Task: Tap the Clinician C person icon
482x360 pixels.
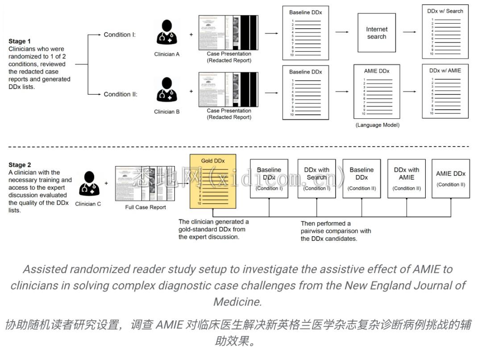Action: pyautogui.click(x=89, y=184)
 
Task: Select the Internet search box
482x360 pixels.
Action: pyautogui.click(x=377, y=33)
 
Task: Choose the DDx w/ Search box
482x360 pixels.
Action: pyautogui.click(x=445, y=32)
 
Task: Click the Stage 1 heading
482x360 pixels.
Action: pyautogui.click(x=20, y=41)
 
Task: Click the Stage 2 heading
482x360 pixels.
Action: pyautogui.click(x=20, y=165)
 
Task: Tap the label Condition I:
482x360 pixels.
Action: pyautogui.click(x=120, y=34)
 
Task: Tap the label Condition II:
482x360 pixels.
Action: pyautogui.click(x=120, y=94)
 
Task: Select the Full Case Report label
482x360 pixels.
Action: pyautogui.click(x=145, y=207)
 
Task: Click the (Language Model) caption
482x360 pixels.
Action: pyautogui.click(x=377, y=125)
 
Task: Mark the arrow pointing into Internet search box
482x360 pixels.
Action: pyautogui.click(x=342, y=32)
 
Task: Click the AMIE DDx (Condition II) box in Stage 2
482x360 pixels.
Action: pyautogui.click(x=450, y=178)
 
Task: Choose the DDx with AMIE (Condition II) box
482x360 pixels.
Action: pyautogui.click(x=407, y=178)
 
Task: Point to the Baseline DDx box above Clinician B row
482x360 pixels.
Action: pyautogui.click(x=305, y=92)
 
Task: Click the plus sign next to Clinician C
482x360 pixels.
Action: pyautogui.click(x=106, y=183)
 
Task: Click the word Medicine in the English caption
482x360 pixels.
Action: pyautogui.click(x=237, y=301)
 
